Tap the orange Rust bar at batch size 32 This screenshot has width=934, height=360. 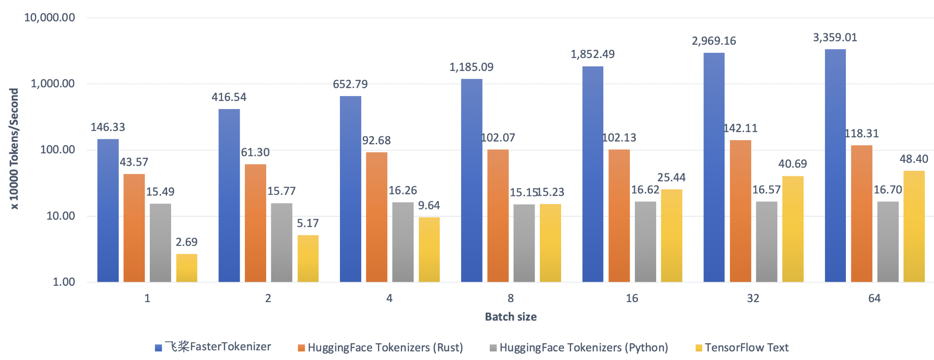click(740, 211)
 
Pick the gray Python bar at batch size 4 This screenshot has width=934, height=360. click(403, 242)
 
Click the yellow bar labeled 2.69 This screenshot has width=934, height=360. click(186, 268)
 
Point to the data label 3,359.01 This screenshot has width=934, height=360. click(835, 38)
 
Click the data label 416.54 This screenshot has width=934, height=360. click(229, 97)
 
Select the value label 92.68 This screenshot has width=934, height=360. click(376, 141)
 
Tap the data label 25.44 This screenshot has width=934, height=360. click(671, 178)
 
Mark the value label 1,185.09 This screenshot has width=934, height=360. click(471, 67)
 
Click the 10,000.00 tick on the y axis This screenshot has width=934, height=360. click(50, 18)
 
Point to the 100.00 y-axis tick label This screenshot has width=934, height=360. click(58, 150)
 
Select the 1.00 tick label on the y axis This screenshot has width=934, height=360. click(64, 282)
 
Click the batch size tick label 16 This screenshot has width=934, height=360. click(632, 298)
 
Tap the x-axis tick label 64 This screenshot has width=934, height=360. click(874, 298)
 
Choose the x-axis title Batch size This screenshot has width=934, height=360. click(511, 317)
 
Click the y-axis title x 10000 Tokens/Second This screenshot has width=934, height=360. click(14, 149)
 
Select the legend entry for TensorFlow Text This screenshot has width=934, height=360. click(746, 347)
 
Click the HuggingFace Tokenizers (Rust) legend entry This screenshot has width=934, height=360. click(385, 347)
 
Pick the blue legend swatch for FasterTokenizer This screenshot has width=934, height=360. click(158, 348)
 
